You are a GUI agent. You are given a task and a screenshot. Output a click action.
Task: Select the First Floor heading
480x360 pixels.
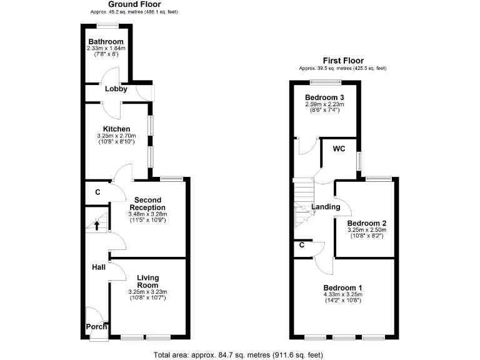[x=342, y=61]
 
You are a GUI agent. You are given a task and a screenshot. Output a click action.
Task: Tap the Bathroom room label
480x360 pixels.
[x=106, y=42]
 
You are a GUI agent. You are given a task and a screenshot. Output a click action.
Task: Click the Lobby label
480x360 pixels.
[x=116, y=89]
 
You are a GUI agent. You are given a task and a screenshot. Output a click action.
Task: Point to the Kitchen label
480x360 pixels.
[x=117, y=129]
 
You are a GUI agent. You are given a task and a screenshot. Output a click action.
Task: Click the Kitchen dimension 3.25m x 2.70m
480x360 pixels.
[x=117, y=136]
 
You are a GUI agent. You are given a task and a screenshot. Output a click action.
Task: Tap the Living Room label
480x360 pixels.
[x=147, y=281]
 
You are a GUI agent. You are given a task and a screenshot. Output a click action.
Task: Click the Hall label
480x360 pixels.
[x=99, y=267]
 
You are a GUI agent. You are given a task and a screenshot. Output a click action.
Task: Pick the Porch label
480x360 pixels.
[x=96, y=326]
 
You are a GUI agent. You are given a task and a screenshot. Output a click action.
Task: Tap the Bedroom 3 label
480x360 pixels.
[x=324, y=97]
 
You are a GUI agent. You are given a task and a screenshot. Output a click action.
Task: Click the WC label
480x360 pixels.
[x=339, y=149]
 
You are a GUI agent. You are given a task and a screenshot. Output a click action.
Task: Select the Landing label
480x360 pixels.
[x=326, y=207]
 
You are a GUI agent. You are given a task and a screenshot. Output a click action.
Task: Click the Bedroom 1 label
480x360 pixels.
[x=342, y=287]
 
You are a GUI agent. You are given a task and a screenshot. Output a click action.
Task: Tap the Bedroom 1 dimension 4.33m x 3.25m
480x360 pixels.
[x=342, y=294]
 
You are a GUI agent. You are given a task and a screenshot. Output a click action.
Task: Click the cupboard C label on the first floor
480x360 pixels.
[x=302, y=245]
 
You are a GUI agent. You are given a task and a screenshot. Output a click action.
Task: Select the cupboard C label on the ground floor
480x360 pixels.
[x=97, y=192]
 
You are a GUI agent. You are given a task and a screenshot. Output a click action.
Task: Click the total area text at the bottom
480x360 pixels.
[x=238, y=354]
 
